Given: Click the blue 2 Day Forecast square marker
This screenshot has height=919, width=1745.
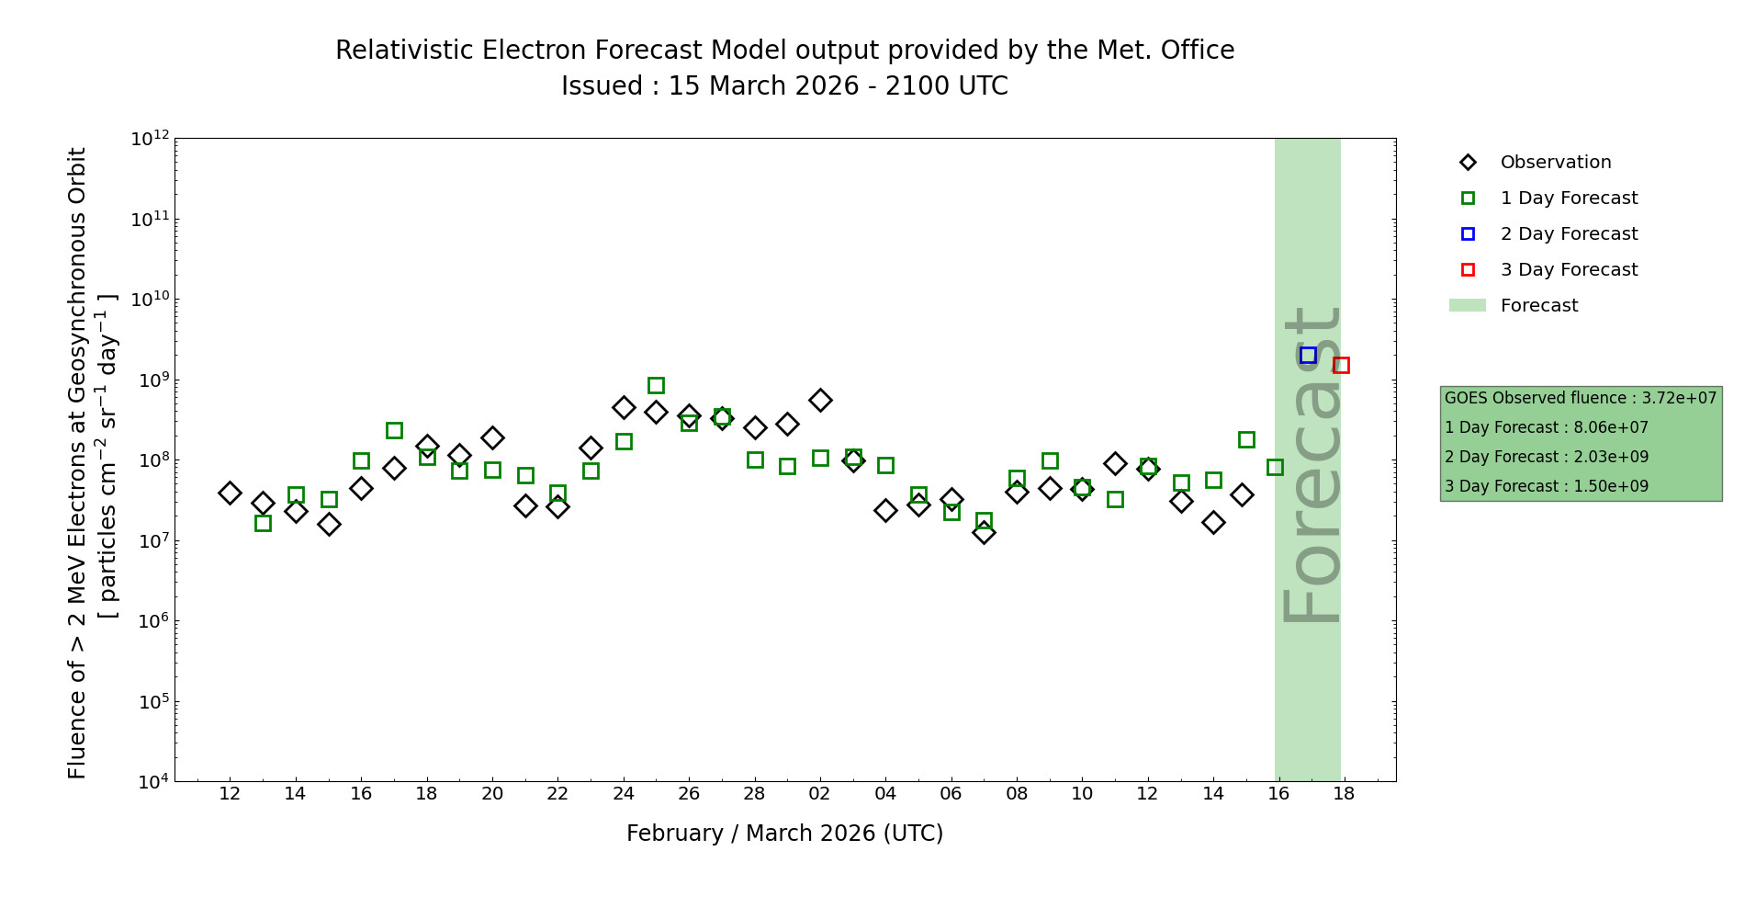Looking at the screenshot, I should pos(1308,356).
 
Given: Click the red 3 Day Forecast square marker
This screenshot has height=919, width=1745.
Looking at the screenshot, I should pos(1341,365).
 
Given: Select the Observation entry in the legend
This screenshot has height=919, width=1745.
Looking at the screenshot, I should pos(1555,163).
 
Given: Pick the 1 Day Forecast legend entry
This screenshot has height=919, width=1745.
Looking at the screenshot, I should pos(1568,199).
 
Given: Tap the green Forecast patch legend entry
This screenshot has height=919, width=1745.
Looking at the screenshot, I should pos(1538,306).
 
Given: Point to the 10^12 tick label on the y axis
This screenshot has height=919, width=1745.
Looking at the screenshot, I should pos(151,140).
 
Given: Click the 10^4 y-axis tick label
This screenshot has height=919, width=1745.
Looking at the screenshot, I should pos(151,782).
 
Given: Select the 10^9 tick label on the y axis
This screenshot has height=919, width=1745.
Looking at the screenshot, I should pos(151,380).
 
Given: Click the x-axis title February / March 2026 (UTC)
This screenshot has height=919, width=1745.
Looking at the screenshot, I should pos(784,834).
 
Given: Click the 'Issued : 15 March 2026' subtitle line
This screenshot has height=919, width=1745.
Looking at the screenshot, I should pos(784,86).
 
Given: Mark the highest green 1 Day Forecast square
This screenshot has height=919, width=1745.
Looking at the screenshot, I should pos(656,385).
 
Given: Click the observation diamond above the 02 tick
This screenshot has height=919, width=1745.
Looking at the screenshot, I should pos(820,400).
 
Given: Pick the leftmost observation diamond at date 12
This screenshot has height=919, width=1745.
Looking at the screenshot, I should pos(230,493).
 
